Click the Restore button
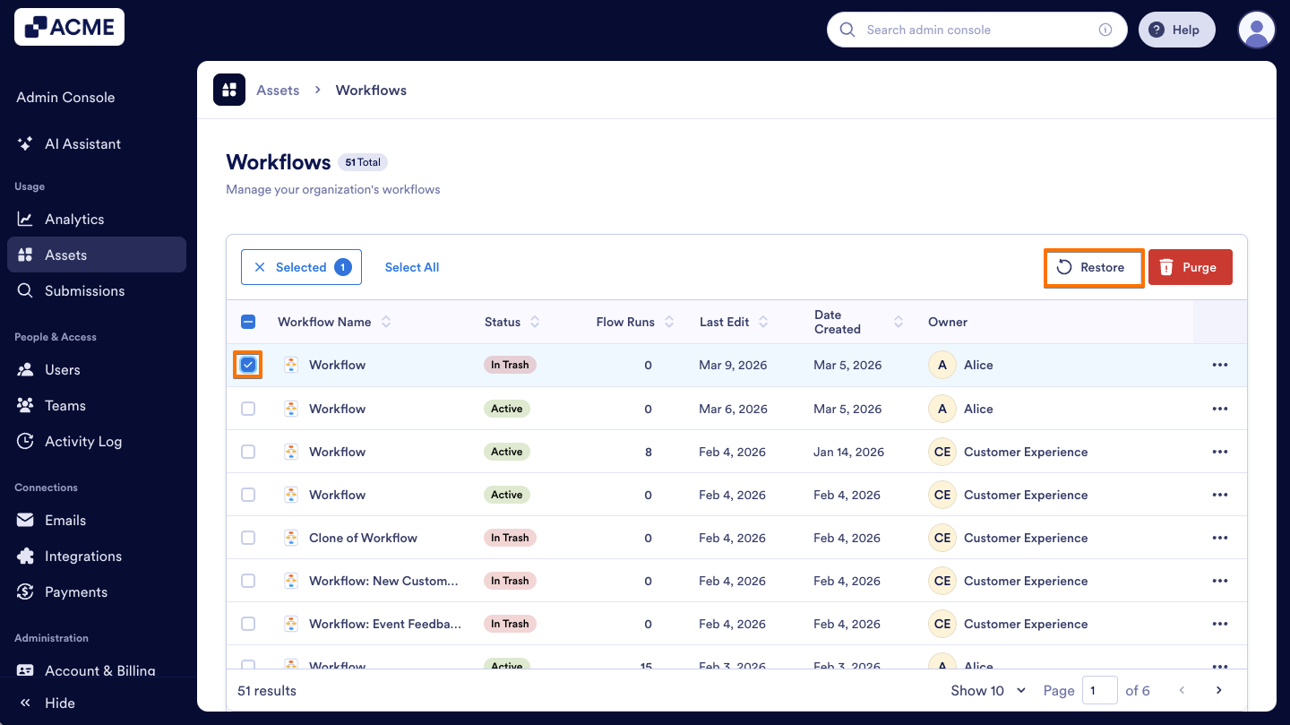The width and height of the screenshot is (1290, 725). pos(1093,268)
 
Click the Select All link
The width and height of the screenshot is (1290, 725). pos(411,267)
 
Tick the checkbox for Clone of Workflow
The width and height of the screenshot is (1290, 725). pos(248,538)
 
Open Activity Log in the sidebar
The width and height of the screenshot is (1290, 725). pos(82,441)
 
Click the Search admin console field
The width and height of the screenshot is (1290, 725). pos(976,30)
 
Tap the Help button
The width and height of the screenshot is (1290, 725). pos(1175,30)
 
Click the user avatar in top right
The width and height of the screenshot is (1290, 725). pos(1256,30)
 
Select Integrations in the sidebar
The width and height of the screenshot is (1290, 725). pos(82,556)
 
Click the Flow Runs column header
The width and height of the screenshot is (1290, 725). pos(625,322)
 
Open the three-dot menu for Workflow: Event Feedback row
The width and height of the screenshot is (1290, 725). pos(1219,624)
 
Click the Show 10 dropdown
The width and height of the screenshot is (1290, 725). pos(988,690)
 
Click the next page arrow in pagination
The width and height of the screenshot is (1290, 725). pos(1218,690)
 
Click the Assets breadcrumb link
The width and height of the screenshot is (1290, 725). pos(278,91)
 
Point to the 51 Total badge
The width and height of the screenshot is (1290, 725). pos(363,162)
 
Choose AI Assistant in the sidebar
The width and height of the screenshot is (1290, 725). pos(82,143)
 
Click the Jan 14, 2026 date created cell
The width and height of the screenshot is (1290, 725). pos(848,452)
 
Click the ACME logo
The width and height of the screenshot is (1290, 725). pos(69,27)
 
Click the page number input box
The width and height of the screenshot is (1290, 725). pos(1099,690)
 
